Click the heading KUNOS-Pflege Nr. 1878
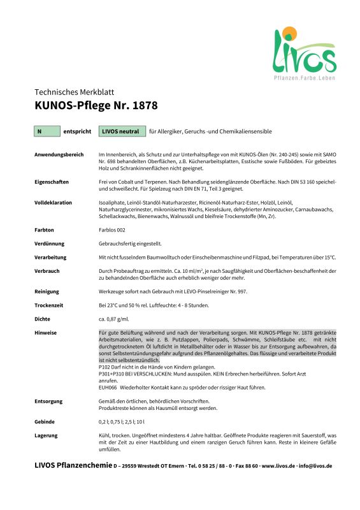pyautogui.click(x=96, y=105)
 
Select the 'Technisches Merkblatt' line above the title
pyautogui.click(x=74, y=92)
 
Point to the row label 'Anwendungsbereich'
pyautogui.click(x=59, y=155)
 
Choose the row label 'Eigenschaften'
pyautogui.click(x=52, y=182)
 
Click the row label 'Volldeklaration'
pyautogui.click(x=53, y=202)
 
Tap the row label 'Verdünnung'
pyautogui.click(x=49, y=243)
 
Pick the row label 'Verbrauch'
pyautogui.click(x=48, y=270)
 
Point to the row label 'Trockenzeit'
pyautogui.click(x=49, y=305)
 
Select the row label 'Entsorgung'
pyautogui.click(x=49, y=401)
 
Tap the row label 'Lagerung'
pyautogui.click(x=47, y=435)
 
